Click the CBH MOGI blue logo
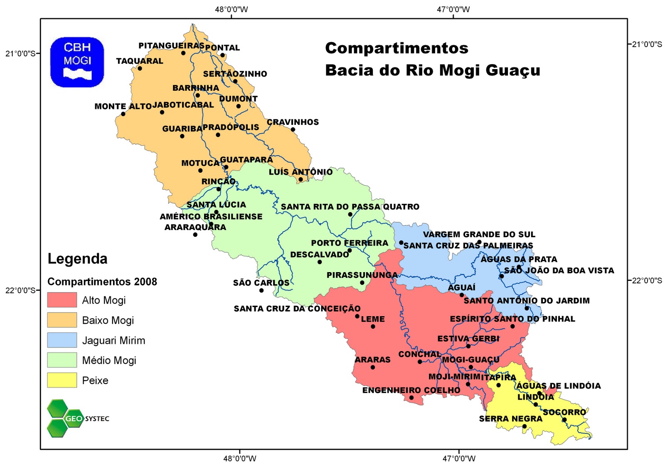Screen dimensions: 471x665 pos(77,62)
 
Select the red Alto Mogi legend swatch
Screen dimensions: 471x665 pos(62,300)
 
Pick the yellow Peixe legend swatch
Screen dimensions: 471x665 pos(62,380)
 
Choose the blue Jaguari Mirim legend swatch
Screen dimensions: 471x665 pos(62,340)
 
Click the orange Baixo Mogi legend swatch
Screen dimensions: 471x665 pos(62,320)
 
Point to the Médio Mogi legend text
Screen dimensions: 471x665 pos(109,360)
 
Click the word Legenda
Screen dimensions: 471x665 pos(77,259)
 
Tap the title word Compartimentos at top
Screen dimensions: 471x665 pos(397,48)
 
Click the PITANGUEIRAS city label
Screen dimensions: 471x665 pos(171,45)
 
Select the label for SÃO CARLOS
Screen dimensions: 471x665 pos(261,283)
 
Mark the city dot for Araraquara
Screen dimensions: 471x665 pos(195,235)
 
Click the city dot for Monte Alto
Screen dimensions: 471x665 pos(123,114)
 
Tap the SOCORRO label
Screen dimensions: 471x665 pos(564,412)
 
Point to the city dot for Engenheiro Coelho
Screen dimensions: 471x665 pos(411,398)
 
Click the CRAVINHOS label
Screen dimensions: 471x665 pos(293,122)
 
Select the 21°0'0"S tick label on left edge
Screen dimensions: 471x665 pos(20,53)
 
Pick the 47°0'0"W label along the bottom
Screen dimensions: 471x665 pos(459,459)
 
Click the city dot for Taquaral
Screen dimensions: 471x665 pos(140,69)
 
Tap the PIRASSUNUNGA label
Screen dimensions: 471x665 pos(362,275)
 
